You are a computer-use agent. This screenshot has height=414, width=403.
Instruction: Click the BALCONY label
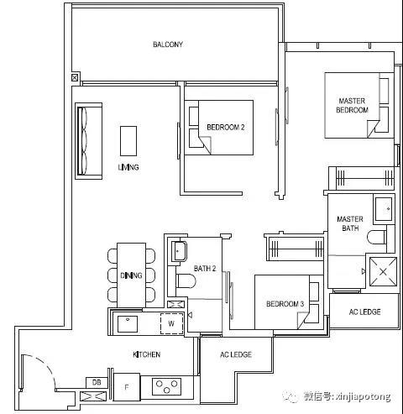tap(168, 45)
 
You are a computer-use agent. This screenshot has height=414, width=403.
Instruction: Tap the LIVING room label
tap(128, 167)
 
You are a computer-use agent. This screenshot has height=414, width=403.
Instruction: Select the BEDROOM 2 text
tap(226, 128)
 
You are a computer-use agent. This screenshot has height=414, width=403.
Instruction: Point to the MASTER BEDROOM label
tap(352, 105)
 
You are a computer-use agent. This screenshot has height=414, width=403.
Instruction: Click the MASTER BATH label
tap(350, 223)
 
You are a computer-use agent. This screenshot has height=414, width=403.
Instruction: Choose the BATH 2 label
tap(205, 269)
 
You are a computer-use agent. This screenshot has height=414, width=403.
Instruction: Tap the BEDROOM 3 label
tap(285, 304)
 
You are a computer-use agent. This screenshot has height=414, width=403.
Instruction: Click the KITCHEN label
tap(147, 354)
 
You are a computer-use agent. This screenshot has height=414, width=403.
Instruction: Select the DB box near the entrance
tap(97, 382)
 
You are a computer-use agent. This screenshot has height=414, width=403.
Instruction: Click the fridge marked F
tap(127, 387)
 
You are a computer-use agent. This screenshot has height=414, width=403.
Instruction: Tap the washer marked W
tap(171, 323)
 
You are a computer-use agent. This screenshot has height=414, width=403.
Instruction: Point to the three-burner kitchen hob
tap(166, 386)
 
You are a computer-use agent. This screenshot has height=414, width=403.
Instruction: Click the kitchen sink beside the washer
tap(128, 324)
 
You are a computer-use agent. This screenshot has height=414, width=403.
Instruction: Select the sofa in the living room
tap(88, 141)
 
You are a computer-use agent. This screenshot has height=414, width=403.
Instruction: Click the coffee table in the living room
tap(128, 141)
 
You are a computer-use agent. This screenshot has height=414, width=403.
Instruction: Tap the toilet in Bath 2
tap(186, 281)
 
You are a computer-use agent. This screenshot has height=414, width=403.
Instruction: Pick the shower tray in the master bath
tap(383, 271)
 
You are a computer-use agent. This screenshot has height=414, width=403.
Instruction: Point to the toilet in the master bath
tap(377, 238)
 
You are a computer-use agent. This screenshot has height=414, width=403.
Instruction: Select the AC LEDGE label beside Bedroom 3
tap(364, 312)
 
